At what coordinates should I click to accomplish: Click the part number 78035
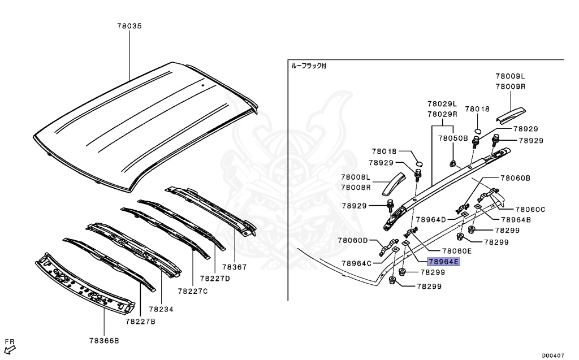(x=129, y=26)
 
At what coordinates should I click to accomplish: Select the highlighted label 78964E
(x=444, y=262)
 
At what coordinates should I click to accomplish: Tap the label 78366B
(x=104, y=341)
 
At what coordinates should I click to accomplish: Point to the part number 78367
(x=235, y=267)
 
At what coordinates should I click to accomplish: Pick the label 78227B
(x=140, y=322)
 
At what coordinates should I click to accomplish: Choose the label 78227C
(x=193, y=291)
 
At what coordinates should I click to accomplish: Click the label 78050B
(x=453, y=138)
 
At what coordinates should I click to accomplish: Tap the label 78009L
(x=511, y=76)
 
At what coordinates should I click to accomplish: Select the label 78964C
(x=357, y=263)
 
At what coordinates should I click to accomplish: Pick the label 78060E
(x=457, y=251)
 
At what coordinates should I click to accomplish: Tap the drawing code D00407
(x=554, y=355)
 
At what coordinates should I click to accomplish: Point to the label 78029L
(x=442, y=104)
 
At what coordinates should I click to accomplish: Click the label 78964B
(x=511, y=219)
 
